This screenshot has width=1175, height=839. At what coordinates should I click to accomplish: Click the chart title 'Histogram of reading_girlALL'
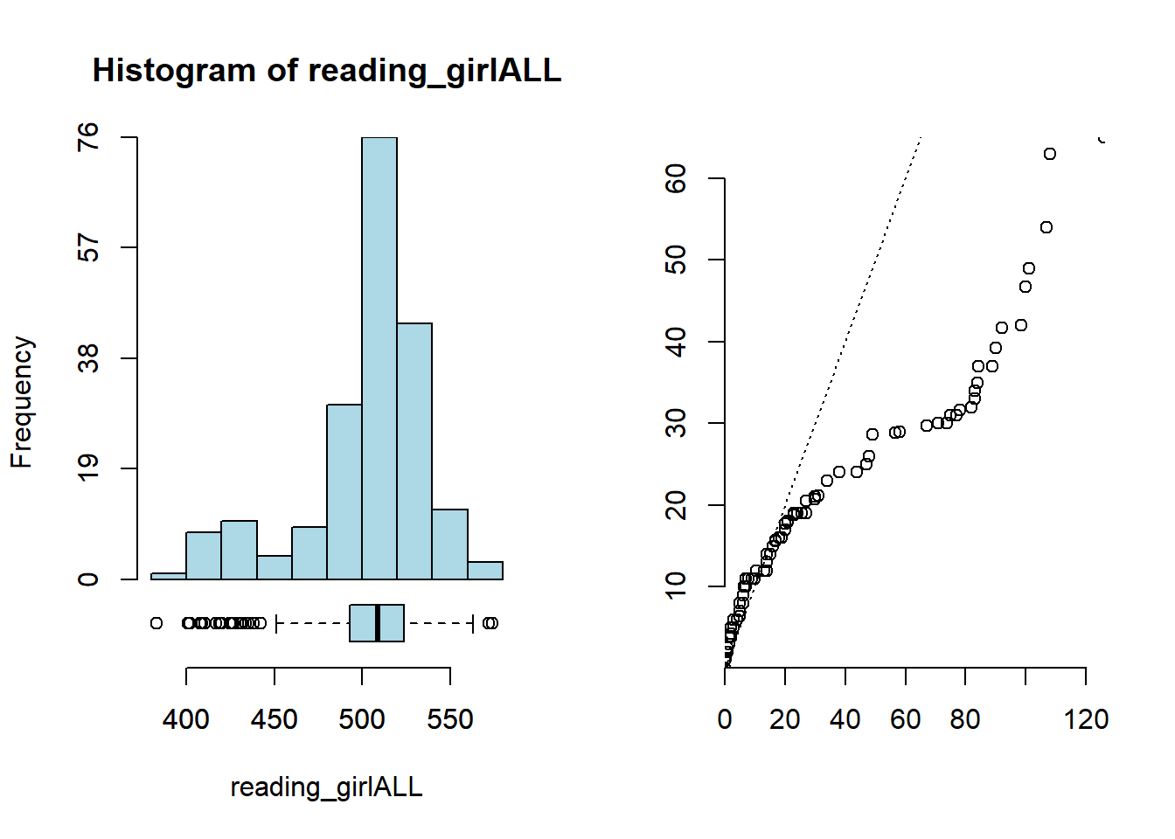pos(326,71)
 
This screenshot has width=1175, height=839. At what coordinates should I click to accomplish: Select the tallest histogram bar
pos(379,358)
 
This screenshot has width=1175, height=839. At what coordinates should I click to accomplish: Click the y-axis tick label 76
pos(88,137)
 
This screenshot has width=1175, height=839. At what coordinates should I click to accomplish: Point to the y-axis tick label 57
pos(88,248)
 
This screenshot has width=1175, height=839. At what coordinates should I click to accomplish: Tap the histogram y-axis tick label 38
pos(88,358)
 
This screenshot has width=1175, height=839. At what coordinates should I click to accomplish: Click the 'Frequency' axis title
pos(22,402)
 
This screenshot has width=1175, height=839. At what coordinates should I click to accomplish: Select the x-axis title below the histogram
pos(326,787)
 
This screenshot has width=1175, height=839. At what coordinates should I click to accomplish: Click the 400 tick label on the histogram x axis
pos(186,719)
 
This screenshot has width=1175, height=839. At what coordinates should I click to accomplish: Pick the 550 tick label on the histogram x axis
pos(450,719)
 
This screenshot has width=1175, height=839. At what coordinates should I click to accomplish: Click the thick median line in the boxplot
pos(378,623)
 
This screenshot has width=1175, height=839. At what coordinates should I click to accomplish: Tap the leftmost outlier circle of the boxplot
pos(156,623)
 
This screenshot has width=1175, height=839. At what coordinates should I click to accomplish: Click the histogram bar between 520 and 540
pos(414,451)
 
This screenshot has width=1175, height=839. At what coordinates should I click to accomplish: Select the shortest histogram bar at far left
pos(169,576)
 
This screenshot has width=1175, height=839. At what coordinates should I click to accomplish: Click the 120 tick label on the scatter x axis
pos(1087,719)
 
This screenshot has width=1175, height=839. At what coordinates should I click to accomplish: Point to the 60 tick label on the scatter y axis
pos(676,178)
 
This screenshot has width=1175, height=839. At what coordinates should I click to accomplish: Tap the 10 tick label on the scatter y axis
pos(676,586)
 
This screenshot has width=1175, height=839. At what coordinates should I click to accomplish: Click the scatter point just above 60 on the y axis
pos(1050,154)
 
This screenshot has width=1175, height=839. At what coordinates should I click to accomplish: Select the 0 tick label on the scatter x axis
pos(725,719)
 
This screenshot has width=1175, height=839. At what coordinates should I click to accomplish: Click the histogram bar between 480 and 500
pos(344,491)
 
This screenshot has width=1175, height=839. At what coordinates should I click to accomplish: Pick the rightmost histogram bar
pos(485,570)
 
